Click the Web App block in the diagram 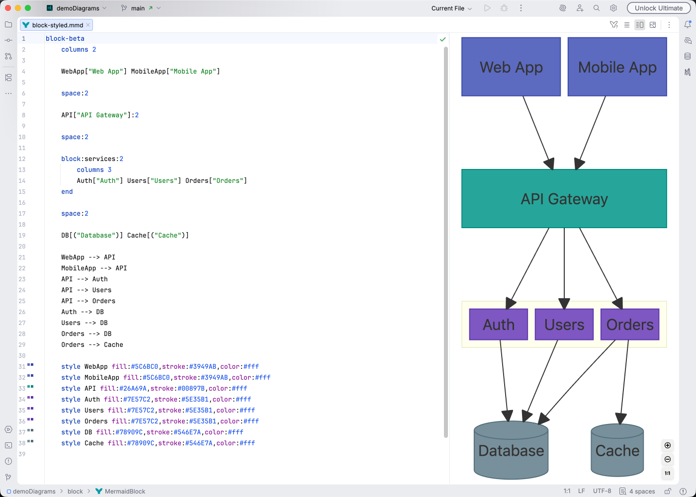pyautogui.click(x=511, y=67)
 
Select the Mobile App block pyautogui.click(x=617, y=67)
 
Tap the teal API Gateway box pyautogui.click(x=564, y=199)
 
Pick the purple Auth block pyautogui.click(x=498, y=325)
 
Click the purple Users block pyautogui.click(x=564, y=325)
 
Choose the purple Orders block pyautogui.click(x=629, y=325)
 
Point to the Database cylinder pyautogui.click(x=511, y=451)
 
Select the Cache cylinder pyautogui.click(x=617, y=451)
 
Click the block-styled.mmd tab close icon pyautogui.click(x=88, y=25)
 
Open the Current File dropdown pyautogui.click(x=451, y=8)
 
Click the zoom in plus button pyautogui.click(x=668, y=445)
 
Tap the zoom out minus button pyautogui.click(x=668, y=459)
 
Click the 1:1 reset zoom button pyautogui.click(x=668, y=473)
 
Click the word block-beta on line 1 pyautogui.click(x=65, y=39)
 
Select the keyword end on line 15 pyautogui.click(x=67, y=192)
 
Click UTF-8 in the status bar pyautogui.click(x=602, y=491)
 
